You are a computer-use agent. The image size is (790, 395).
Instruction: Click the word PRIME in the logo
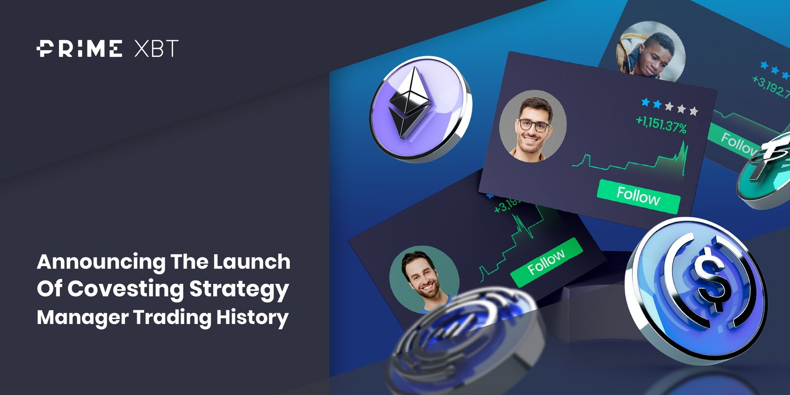[x=79, y=49]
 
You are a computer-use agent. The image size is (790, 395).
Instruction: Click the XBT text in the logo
[x=156, y=49]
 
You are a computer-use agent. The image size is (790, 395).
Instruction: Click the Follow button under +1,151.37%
[x=638, y=196]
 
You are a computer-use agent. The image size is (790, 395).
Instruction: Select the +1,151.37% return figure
[x=661, y=124]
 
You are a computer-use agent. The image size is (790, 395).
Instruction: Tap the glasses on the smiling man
[x=533, y=125]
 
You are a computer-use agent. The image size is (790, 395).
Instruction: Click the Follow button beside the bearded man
[x=546, y=262]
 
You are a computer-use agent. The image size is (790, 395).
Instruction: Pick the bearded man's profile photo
[x=424, y=281]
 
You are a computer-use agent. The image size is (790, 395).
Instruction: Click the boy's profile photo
[x=651, y=52]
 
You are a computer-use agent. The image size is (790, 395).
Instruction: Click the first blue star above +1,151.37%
[x=645, y=102]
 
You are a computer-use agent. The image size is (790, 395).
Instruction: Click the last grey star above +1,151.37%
[x=693, y=111]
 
